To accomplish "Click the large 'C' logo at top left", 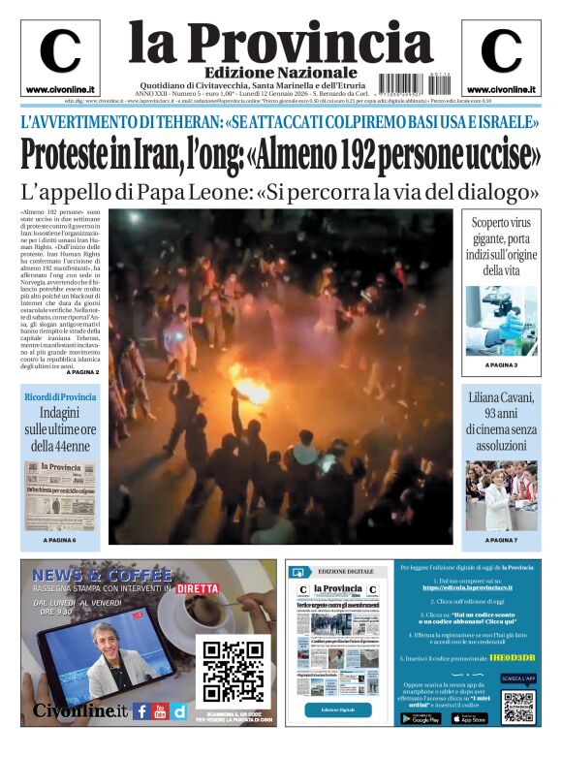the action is pyautogui.click(x=60, y=51).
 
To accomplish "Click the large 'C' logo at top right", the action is pyautogui.click(x=501, y=51).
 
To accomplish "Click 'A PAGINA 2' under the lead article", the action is pyautogui.click(x=83, y=372).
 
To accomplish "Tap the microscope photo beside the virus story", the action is pyautogui.click(x=501, y=320).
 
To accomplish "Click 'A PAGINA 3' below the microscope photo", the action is pyautogui.click(x=501, y=365).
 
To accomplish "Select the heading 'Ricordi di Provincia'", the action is pyautogui.click(x=60, y=397).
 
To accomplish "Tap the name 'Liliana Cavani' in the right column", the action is pyautogui.click(x=501, y=397).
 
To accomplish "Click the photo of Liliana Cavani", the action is pyautogui.click(x=501, y=495).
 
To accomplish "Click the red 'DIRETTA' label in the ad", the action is pyautogui.click(x=197, y=587).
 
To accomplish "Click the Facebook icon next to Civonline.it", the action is pyautogui.click(x=141, y=711).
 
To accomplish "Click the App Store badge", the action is pyautogui.click(x=469, y=718).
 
